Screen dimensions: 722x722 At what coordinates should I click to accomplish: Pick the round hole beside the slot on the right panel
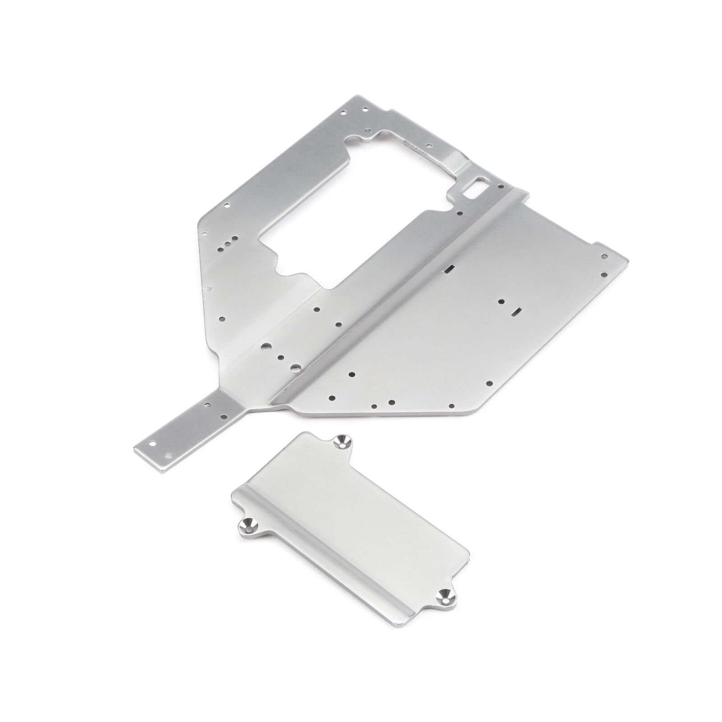(501, 301)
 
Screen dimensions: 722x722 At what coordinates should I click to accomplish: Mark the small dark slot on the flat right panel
(517, 311)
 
